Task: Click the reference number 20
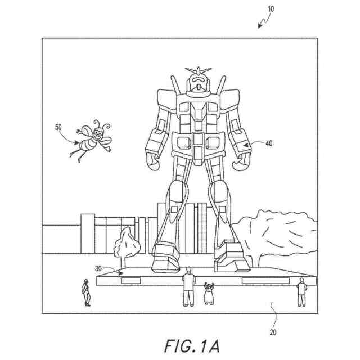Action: (x=273, y=332)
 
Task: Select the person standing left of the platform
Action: (x=86, y=292)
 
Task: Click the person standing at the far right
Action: (x=301, y=291)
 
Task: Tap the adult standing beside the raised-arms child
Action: (x=188, y=287)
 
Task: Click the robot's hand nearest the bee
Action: (x=154, y=161)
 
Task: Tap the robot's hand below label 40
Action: (x=239, y=164)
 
